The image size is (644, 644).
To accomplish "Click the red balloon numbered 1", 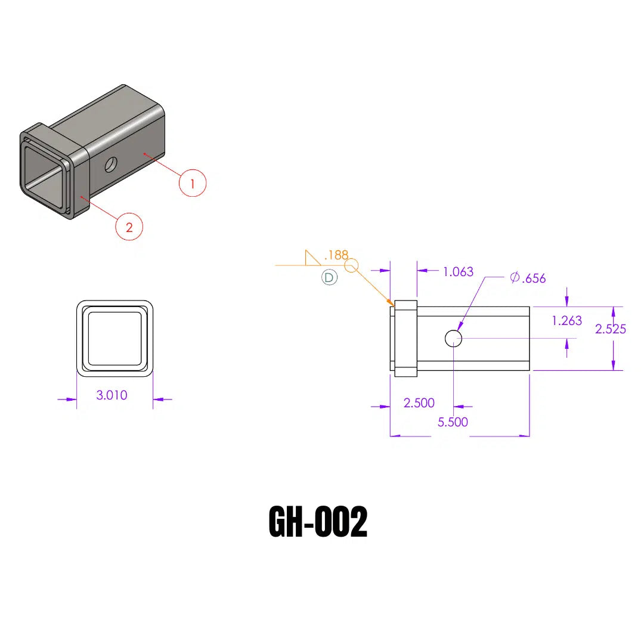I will point(192,184).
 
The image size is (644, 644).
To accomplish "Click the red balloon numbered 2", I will point(129,227).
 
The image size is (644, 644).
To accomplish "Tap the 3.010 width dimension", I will point(112,395).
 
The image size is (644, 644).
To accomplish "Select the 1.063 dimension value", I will point(458,272).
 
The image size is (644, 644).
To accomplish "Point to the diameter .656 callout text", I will point(533,278).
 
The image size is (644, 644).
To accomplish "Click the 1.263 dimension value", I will point(566,321).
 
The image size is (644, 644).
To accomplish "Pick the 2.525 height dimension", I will point(611,329).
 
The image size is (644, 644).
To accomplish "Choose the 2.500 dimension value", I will point(419,403).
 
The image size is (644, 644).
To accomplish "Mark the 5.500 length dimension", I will point(453,422).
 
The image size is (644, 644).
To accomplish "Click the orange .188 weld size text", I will point(336,256).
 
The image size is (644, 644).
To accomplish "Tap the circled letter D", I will point(329,277).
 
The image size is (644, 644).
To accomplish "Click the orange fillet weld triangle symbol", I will point(311,258).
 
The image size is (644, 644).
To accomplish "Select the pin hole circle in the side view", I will point(453,339).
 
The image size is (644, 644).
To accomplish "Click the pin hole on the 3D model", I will point(110,164).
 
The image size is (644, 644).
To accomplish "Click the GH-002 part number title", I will point(318,522).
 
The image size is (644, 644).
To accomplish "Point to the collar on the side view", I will point(405,339).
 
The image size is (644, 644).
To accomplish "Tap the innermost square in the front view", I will point(115,338).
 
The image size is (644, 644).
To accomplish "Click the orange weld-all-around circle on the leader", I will point(352,265).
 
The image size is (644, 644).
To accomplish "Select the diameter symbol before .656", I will point(515,278).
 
